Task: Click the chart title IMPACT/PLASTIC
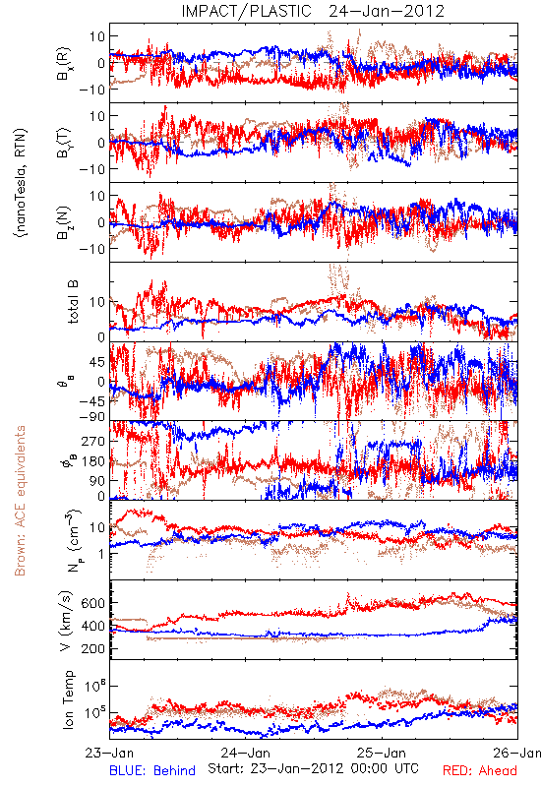pos(247,11)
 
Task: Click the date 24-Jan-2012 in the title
pos(387,11)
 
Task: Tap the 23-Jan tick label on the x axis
pos(109,754)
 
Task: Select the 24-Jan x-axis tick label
pos(245,754)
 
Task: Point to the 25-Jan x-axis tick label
pos(382,754)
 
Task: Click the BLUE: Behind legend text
pos(152,771)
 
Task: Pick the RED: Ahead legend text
pos(479,771)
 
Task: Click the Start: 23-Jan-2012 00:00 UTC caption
pos(313,768)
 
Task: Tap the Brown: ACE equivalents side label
pos(20,501)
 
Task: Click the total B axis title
pos(73,302)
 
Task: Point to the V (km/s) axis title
pos(66,621)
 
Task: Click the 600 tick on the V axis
pos(92,603)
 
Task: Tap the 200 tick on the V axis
pos(92,648)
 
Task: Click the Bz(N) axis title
pos(64,222)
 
